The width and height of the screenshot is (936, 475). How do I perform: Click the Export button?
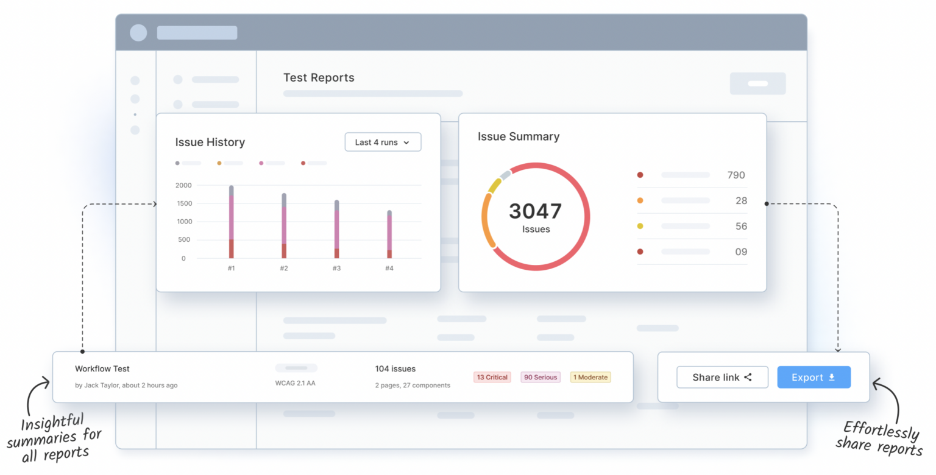814,378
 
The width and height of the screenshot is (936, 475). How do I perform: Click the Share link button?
722,378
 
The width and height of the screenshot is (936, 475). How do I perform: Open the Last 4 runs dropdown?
383,142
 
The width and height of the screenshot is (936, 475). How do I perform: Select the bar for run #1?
232,222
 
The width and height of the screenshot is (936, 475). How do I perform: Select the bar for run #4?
389,234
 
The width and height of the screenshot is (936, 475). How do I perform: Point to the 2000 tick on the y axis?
183,185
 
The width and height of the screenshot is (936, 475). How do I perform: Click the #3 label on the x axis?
337,269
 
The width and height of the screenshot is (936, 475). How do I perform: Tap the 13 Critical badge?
492,378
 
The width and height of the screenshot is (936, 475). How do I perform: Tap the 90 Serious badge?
541,378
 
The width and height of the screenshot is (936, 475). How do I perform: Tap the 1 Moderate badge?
590,378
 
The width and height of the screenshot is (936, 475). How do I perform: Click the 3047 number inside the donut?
535,211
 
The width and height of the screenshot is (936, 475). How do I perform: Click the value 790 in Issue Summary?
736,175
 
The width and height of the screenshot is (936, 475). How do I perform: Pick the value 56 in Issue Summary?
741,227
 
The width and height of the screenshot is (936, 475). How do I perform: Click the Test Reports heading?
319,78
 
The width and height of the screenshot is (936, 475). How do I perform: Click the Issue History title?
210,142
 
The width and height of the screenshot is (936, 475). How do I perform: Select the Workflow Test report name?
102,369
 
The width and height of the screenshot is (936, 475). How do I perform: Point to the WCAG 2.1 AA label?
296,384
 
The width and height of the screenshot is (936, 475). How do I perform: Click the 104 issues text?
395,369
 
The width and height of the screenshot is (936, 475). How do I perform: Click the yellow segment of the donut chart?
494,185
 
